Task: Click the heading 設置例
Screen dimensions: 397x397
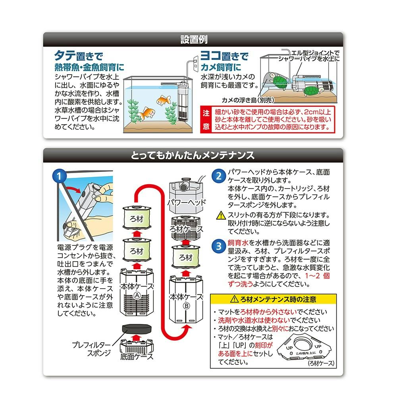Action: point(194,40)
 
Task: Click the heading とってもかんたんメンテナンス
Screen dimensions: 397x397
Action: point(193,155)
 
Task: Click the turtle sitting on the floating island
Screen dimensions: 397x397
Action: point(279,81)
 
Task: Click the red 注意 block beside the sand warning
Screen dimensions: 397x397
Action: point(206,119)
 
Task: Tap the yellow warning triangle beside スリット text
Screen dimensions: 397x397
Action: point(221,215)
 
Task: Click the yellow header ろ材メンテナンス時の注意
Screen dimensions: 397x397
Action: point(274,299)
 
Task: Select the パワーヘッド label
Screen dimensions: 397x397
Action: point(187,202)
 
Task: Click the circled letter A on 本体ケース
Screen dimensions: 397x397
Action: point(137,295)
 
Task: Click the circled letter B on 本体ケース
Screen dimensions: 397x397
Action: point(186,306)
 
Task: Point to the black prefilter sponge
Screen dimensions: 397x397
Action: point(137,329)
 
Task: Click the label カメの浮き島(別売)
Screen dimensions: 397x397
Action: point(248,100)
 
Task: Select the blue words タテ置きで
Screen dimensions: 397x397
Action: point(79,56)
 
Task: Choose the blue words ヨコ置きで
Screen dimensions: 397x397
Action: point(224,56)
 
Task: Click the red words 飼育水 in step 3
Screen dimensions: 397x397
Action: point(238,243)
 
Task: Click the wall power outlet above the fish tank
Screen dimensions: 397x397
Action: point(195,63)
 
